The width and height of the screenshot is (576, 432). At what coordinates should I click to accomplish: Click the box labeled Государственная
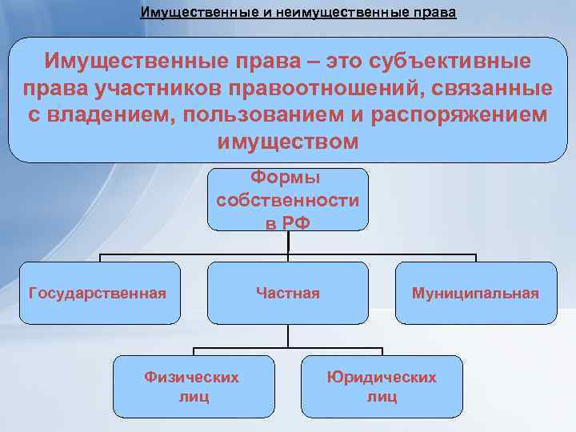click(98, 294)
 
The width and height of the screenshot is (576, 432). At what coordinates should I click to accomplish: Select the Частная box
click(287, 294)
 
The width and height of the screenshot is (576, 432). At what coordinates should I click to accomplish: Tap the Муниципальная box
click(475, 294)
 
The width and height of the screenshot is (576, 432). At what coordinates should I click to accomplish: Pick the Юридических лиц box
click(382, 386)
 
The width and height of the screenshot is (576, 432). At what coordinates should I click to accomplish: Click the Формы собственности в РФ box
click(287, 200)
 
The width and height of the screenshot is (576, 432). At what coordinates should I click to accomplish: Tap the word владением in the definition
click(114, 114)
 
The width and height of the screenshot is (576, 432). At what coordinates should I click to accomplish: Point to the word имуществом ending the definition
click(287, 142)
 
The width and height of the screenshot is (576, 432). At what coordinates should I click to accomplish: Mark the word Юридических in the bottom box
click(382, 377)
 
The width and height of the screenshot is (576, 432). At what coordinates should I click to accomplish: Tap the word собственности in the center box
click(287, 200)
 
